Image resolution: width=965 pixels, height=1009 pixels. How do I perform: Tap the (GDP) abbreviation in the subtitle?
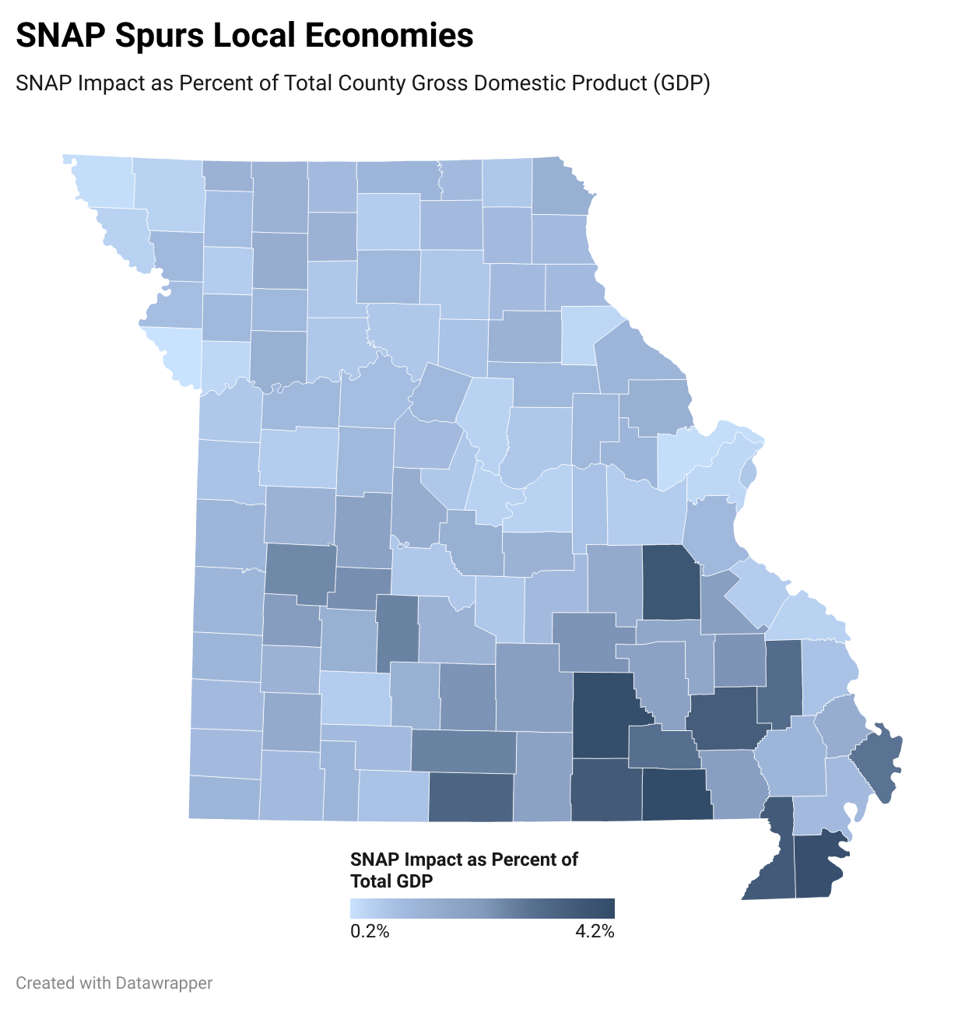coord(681,83)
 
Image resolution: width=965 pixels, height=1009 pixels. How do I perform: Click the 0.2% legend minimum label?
coord(370,931)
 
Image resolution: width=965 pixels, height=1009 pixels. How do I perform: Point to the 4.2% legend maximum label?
coord(595,931)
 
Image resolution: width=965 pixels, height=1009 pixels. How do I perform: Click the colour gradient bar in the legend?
coord(482,909)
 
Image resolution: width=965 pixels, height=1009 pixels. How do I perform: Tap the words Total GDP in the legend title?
coord(391,881)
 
